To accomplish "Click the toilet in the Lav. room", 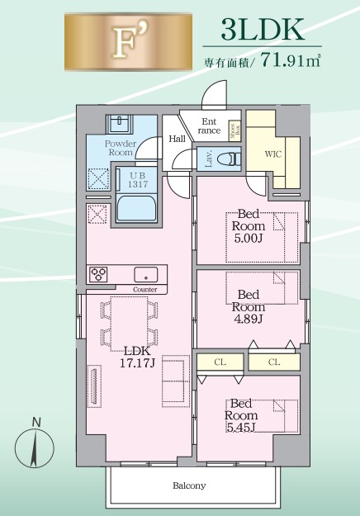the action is pyautogui.click(x=234, y=159).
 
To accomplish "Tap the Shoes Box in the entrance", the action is pyautogui.click(x=234, y=130).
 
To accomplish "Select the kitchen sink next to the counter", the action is pyautogui.click(x=146, y=274).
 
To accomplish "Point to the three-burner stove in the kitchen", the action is pyautogui.click(x=99, y=274).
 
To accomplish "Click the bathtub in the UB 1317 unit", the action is pyautogui.click(x=136, y=210).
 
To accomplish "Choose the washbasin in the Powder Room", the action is pyautogui.click(x=119, y=124).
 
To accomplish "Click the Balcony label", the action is pyautogui.click(x=189, y=485).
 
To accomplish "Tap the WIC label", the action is pyautogui.click(x=273, y=154).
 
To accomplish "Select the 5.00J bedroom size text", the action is pyautogui.click(x=248, y=239).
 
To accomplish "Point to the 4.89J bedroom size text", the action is pyautogui.click(x=248, y=319).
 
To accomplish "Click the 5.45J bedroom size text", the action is pyautogui.click(x=241, y=427).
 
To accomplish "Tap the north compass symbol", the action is pyautogui.click(x=34, y=443).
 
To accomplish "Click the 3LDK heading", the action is pyautogui.click(x=263, y=30).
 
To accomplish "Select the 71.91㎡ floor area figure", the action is pyautogui.click(x=291, y=60).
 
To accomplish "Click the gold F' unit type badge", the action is pyautogui.click(x=128, y=41).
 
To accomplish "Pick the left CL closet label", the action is pyautogui.click(x=220, y=362).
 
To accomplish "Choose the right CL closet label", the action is pyautogui.click(x=274, y=362).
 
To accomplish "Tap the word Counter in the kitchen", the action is pyautogui.click(x=144, y=290).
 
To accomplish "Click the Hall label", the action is pyautogui.click(x=177, y=139).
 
